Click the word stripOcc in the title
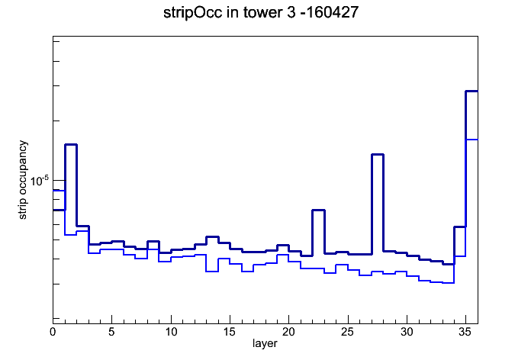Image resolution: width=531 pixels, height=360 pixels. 193,13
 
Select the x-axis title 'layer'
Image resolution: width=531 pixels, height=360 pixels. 265,343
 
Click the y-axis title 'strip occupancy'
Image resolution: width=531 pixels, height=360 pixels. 23,180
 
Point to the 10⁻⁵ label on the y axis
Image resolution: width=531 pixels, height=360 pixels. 39,181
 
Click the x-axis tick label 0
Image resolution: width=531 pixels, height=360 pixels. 53,332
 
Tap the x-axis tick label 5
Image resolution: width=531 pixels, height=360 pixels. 111,332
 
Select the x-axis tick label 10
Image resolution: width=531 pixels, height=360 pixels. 171,332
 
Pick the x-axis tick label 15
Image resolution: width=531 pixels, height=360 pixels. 230,332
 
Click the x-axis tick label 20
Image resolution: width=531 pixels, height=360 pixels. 288,332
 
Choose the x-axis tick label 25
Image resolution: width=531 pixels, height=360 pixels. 347,332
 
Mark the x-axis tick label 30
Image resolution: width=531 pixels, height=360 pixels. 407,332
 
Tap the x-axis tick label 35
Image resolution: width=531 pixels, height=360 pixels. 465,332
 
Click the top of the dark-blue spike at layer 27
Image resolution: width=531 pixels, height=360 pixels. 378,154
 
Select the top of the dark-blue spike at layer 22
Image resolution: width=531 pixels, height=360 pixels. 319,211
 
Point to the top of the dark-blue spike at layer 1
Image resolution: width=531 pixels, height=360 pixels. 71,145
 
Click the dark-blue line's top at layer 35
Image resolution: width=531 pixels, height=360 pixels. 471,91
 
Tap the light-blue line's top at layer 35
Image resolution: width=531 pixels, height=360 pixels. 471,139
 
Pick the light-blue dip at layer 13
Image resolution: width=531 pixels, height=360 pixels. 212,272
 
